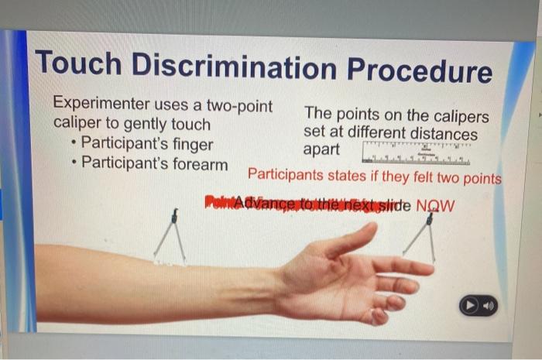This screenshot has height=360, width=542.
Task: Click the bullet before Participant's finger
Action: tap(72, 144)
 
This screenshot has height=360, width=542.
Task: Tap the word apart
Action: tap(322, 149)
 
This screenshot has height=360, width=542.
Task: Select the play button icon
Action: tap(471, 306)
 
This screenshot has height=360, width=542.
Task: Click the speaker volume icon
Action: tap(487, 306)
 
